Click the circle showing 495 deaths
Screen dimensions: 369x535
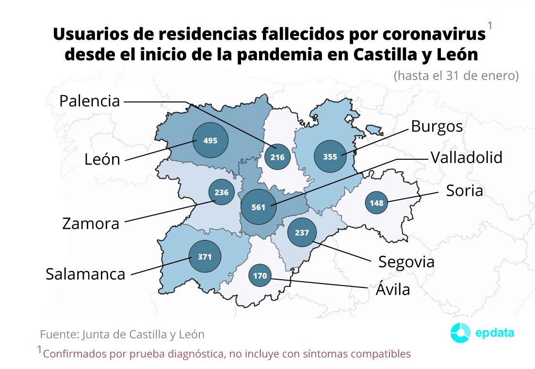(211, 140)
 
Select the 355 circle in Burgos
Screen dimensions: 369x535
(332, 157)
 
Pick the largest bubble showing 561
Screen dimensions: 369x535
(259, 207)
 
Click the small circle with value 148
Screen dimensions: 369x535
(376, 203)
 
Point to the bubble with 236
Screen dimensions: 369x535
(221, 192)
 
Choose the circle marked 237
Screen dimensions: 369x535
(302, 233)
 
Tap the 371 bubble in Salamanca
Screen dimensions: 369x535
(205, 256)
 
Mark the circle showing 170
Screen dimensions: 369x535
(260, 276)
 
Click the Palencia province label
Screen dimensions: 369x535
(89, 101)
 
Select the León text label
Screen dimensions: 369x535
(102, 159)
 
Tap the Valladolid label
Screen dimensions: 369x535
(466, 158)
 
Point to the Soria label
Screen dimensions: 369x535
(464, 191)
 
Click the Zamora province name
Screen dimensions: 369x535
(91, 224)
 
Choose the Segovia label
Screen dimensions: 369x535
(406, 262)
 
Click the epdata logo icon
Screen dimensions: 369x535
(460, 333)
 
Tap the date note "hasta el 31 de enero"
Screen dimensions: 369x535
(456, 76)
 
